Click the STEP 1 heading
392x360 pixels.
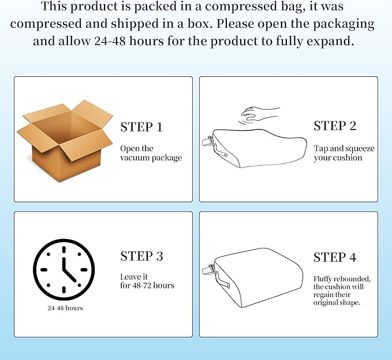pyautogui.click(x=141, y=127)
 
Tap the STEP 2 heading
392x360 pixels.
pyautogui.click(x=335, y=125)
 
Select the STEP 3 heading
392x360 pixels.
pyautogui.click(x=141, y=256)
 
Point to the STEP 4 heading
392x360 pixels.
pyautogui.click(x=335, y=257)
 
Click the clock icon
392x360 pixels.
pyautogui.click(x=64, y=270)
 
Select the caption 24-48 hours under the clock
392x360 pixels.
pyautogui.click(x=65, y=308)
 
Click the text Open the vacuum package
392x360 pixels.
pyautogui.click(x=151, y=153)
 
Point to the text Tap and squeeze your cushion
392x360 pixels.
pyautogui.click(x=344, y=153)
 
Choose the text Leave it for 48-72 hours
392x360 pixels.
pyautogui.click(x=147, y=281)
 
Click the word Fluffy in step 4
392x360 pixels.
pyautogui.click(x=323, y=279)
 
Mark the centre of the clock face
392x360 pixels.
pyautogui.click(x=64, y=270)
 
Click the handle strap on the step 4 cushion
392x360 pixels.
pyautogui.click(x=222, y=280)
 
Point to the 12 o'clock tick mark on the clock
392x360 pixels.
pyautogui.click(x=64, y=250)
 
